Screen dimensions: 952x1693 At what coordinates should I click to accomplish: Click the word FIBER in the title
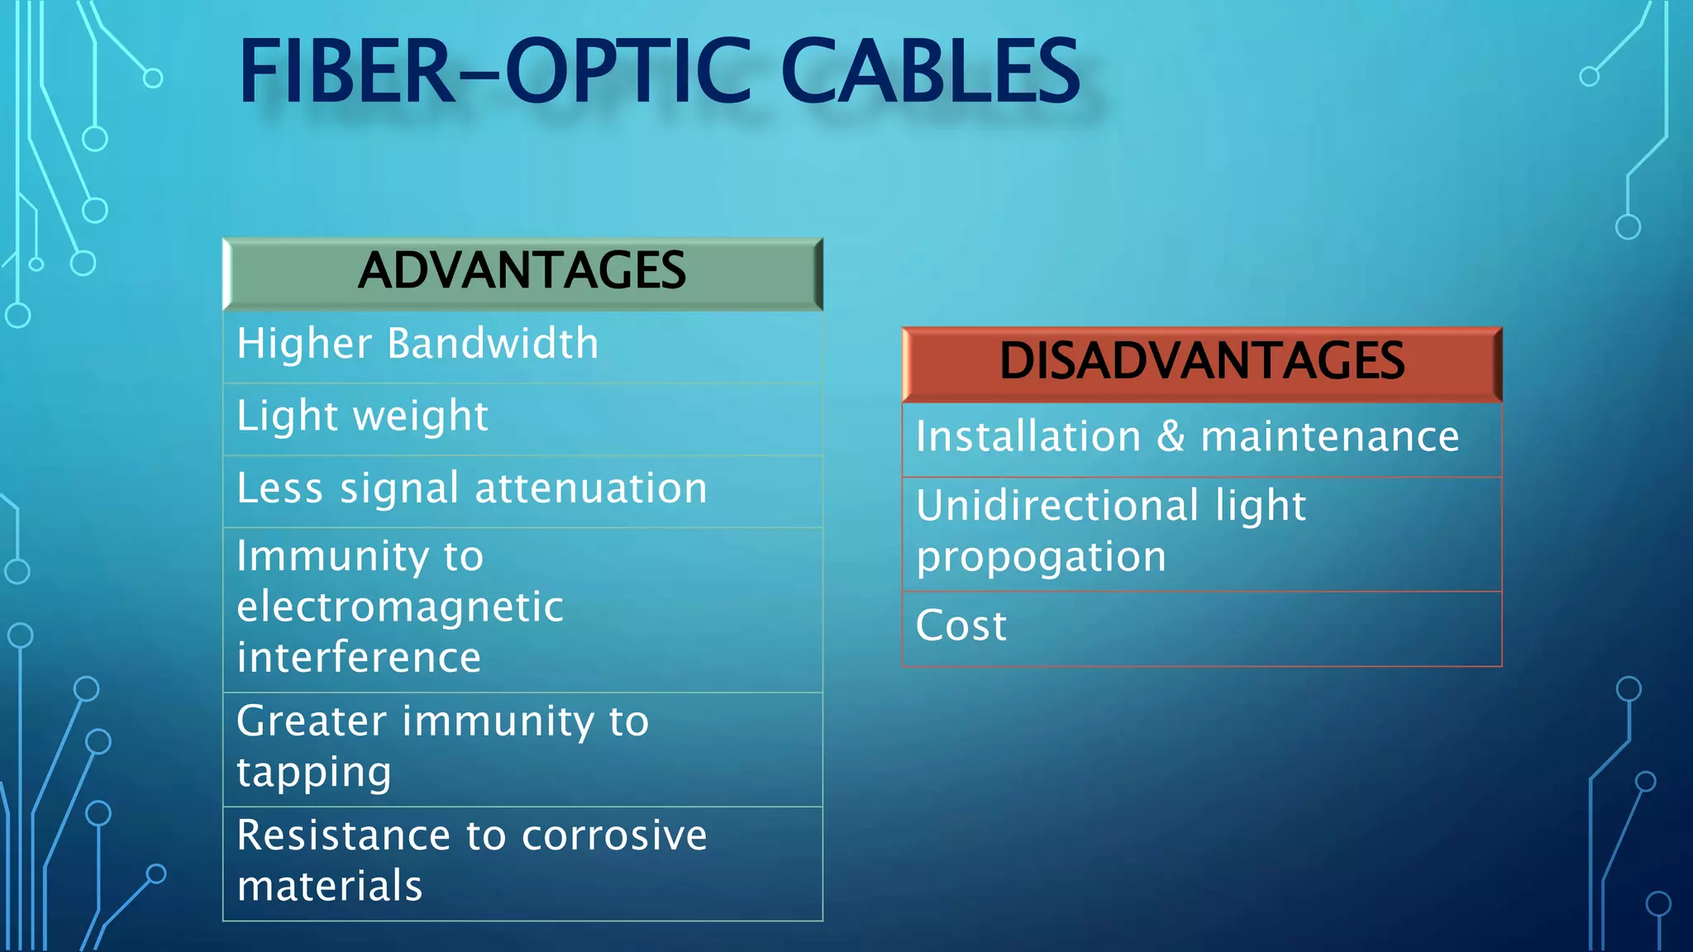coord(346,73)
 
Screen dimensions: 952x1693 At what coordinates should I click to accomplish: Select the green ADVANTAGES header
coord(522,272)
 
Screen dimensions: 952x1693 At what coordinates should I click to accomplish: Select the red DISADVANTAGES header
coord(1201,362)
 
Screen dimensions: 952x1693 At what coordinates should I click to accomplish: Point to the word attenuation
coord(591,488)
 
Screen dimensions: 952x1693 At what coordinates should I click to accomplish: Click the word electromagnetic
coord(400,607)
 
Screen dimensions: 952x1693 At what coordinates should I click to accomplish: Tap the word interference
coord(359,658)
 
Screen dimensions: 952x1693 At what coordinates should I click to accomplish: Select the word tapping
coord(314,773)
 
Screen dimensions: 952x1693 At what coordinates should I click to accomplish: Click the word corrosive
coord(614,835)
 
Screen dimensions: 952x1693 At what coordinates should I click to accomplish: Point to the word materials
coord(330,886)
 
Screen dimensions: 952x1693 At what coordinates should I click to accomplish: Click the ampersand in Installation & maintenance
coord(1171,436)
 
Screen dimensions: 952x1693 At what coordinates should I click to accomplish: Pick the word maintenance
coord(1329,436)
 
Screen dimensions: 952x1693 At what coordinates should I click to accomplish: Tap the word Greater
coord(312,721)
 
